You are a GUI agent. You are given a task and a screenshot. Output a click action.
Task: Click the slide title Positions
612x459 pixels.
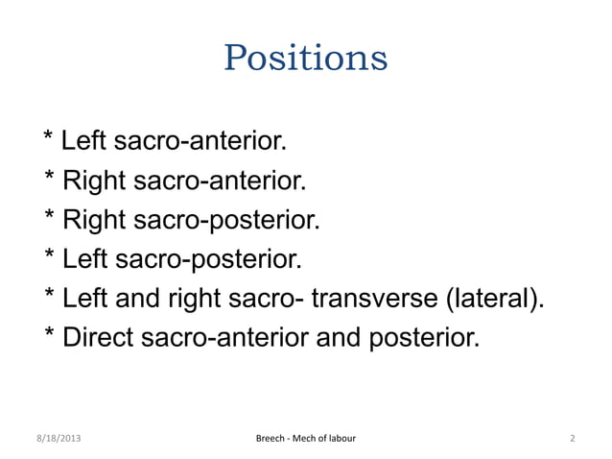(x=305, y=58)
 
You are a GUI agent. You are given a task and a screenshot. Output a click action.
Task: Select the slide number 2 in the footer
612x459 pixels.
(x=572, y=440)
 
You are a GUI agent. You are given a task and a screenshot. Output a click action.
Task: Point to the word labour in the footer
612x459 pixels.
(x=338, y=440)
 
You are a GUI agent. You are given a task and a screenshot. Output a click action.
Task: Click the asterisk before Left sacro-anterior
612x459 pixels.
(x=49, y=142)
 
